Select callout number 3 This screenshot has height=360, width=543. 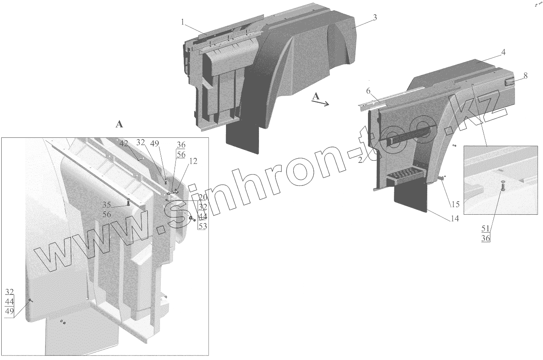click(375, 18)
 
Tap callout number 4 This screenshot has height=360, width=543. click(503, 53)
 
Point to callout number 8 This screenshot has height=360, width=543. click(525, 75)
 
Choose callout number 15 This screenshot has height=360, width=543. click(455, 204)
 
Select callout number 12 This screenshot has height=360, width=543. click(193, 161)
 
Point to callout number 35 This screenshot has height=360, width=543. click(106, 204)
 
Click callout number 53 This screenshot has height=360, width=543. click(203, 226)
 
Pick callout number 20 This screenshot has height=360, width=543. click(203, 197)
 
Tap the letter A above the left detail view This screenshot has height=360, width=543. click(119, 124)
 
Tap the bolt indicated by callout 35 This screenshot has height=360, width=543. click(128, 203)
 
